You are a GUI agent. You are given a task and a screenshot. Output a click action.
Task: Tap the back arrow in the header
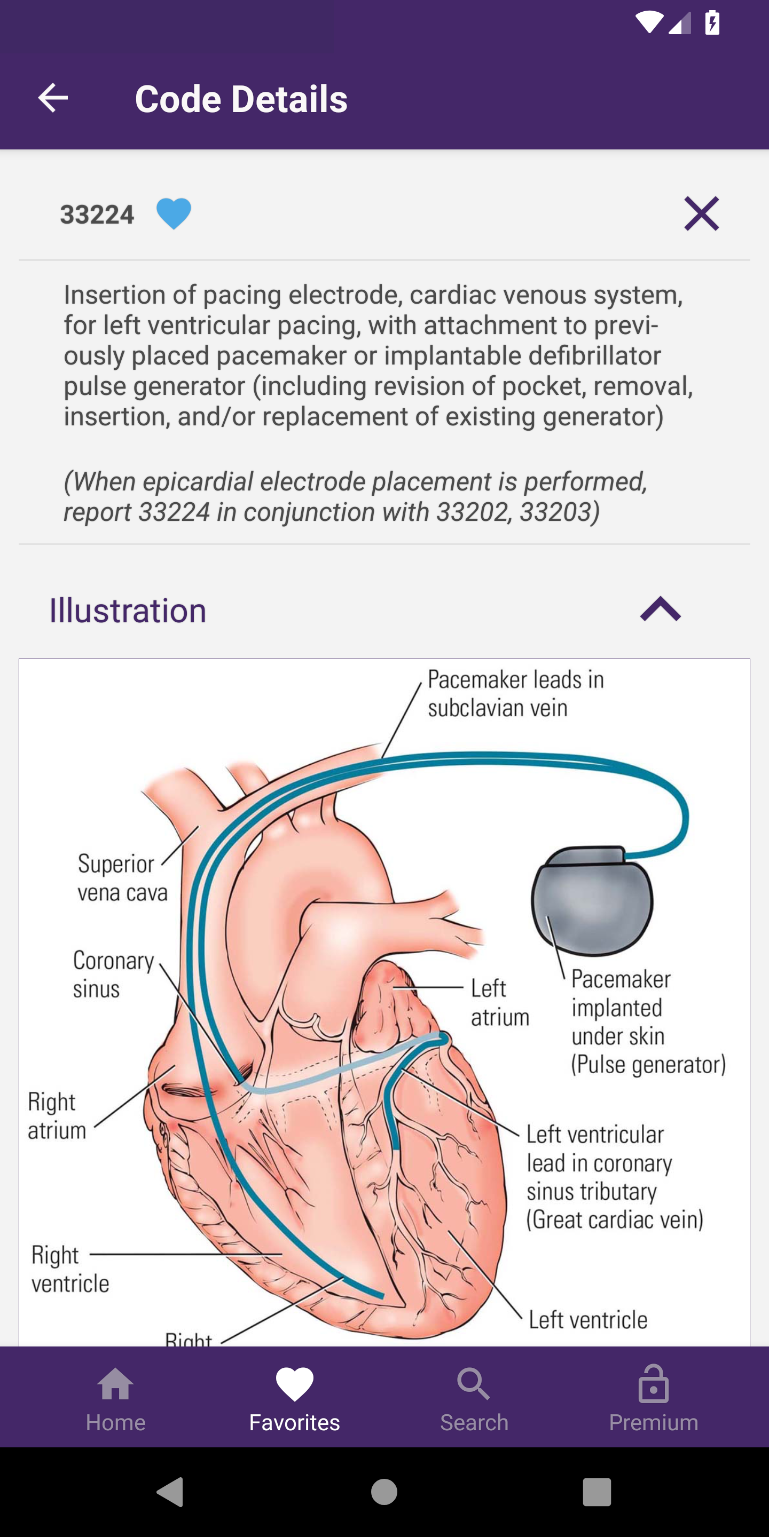[x=52, y=98]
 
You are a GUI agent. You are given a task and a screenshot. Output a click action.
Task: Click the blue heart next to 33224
[x=174, y=213]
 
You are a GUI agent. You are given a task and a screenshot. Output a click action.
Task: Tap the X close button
[x=702, y=213]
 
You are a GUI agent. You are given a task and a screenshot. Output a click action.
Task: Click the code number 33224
[x=97, y=215]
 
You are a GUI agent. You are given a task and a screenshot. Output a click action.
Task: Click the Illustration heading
[x=128, y=611]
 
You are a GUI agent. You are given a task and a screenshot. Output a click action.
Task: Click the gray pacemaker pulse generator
[x=592, y=901]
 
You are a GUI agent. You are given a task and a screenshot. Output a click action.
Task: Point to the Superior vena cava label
[x=122, y=878]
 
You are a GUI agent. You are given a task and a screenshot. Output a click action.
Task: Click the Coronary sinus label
[x=113, y=975]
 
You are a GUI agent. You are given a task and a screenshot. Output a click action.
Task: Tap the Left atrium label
[x=500, y=1002]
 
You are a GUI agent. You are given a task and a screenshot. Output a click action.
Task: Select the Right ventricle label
[x=70, y=1269]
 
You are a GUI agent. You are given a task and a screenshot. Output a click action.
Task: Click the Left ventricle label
[x=588, y=1320]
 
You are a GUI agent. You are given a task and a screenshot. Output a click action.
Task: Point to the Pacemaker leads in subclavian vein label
[x=516, y=693]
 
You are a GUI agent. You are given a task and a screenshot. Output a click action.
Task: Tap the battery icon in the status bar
[x=712, y=22]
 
